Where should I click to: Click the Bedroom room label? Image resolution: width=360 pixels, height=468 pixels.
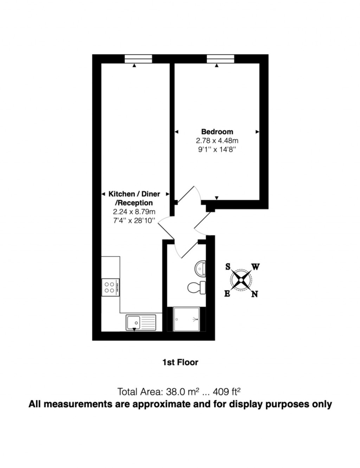coord(217,132)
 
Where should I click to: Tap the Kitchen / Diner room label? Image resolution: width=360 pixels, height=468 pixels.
coord(134,194)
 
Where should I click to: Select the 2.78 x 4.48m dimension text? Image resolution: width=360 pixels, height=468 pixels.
coord(217,141)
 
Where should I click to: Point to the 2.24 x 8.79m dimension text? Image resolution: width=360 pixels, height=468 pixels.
coord(134,212)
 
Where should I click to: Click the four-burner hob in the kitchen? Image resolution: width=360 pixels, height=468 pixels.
coord(110,287)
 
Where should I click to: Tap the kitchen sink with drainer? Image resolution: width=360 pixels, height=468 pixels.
coord(140,322)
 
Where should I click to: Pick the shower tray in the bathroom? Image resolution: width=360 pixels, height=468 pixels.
coord(186,319)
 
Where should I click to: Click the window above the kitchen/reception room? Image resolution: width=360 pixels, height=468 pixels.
coord(139,59)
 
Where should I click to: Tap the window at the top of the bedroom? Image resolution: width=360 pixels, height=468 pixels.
coord(220,59)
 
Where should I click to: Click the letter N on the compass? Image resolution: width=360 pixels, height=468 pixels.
coord(255,294)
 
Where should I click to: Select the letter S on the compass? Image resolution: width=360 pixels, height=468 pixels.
coord(228,267)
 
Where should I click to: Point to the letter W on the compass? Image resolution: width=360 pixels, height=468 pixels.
coord(256,267)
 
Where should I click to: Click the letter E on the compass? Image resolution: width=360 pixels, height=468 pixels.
coord(227,294)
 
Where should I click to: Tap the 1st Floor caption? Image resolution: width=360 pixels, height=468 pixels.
coord(180,362)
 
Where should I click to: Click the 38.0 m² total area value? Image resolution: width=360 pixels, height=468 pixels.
coord(183,391)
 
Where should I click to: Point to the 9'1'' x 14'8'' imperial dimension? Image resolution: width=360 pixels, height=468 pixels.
coord(217,149)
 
